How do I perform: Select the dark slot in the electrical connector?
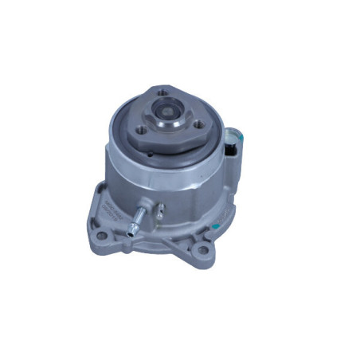tap(232, 149)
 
